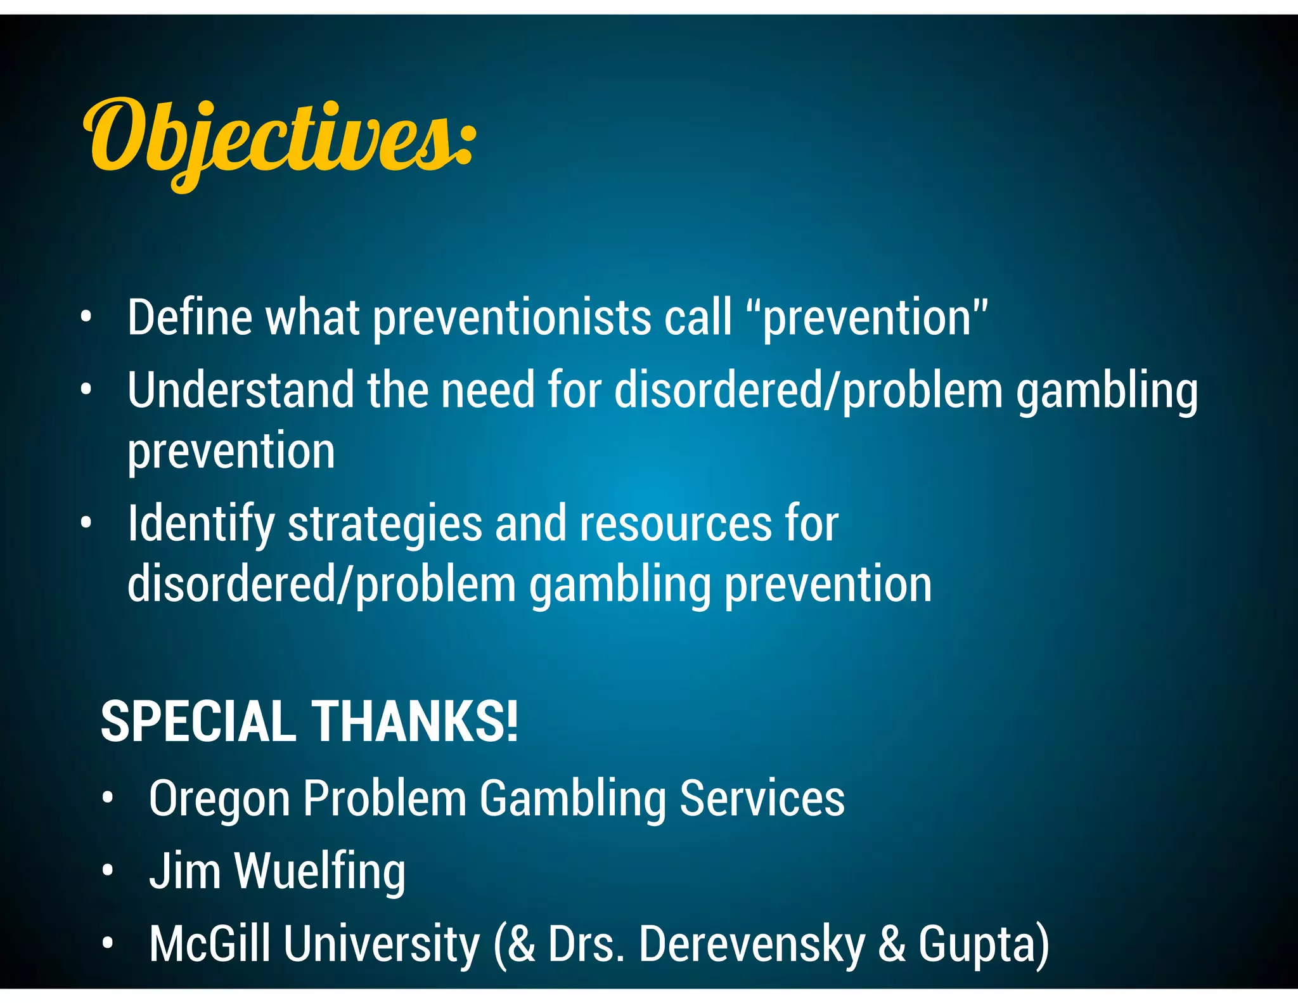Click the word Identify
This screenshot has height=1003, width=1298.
pyautogui.click(x=201, y=524)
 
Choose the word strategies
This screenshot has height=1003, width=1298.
pyautogui.click(x=385, y=524)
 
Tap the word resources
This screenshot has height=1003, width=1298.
pyautogui.click(x=676, y=524)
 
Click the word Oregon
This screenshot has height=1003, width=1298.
pyautogui.click(x=219, y=798)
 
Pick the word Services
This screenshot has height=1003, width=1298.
pyautogui.click(x=762, y=798)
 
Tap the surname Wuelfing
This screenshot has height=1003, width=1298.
pyautogui.click(x=320, y=872)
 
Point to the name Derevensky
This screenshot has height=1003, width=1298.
pyautogui.click(x=752, y=944)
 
